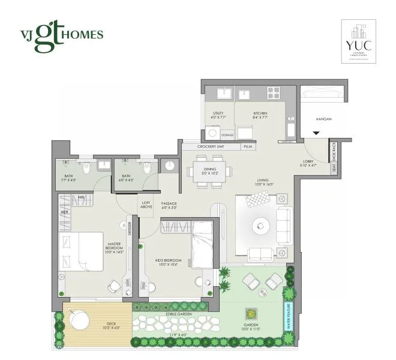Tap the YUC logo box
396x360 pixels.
pyautogui.click(x=359, y=40)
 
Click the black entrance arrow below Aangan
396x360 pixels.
pyautogui.click(x=316, y=133)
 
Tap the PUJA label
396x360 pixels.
pyautogui.click(x=247, y=146)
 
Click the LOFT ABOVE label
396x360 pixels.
pyautogui.click(x=146, y=205)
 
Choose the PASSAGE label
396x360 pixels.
pyautogui.click(x=169, y=205)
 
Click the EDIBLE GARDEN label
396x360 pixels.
pyautogui.click(x=168, y=314)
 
